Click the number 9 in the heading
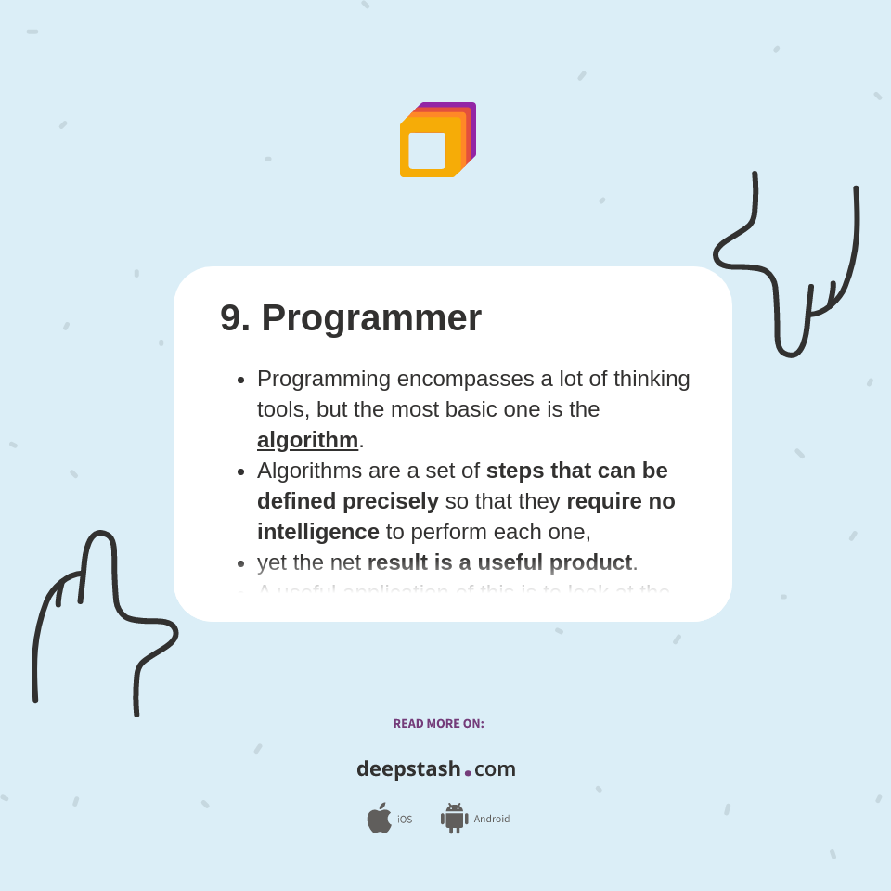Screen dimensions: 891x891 tap(231, 318)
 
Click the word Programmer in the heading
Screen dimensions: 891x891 tap(371, 318)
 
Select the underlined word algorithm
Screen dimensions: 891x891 tap(307, 440)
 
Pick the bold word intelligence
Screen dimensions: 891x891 tap(318, 532)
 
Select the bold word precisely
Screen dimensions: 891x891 tap(391, 501)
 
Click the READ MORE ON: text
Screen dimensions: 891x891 tap(438, 724)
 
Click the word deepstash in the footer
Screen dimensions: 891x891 tap(408, 769)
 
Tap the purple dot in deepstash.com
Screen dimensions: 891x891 tap(468, 773)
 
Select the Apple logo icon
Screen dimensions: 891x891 tap(379, 819)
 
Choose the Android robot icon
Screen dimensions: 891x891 tap(454, 819)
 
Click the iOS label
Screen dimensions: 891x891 tap(405, 820)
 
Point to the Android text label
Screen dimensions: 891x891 tap(491, 820)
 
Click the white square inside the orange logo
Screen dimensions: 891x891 tap(427, 150)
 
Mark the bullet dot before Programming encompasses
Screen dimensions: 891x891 tap(241, 380)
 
